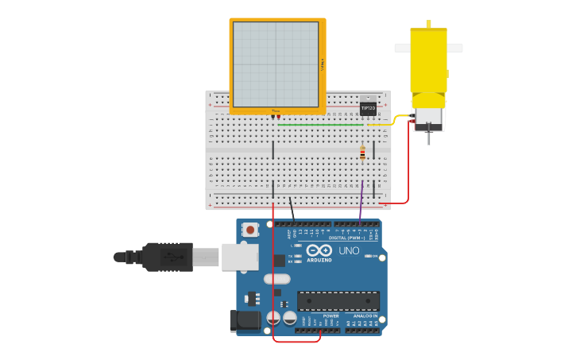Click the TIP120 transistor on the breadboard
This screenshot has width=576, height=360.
pos(368,107)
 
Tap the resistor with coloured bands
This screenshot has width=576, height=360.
pos(362,153)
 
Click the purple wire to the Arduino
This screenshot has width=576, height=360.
pos(361,203)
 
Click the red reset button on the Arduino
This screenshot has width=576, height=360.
pos(251,230)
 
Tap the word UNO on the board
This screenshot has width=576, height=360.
pos(349,250)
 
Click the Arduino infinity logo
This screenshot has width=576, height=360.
pos(319,250)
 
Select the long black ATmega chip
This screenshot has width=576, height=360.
pos(338,301)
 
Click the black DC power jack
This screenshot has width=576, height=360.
pos(242,320)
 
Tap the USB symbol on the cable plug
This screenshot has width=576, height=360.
pos(169,257)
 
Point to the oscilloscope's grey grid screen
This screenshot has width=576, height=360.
pos(276,64)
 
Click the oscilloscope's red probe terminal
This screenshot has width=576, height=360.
pos(279,117)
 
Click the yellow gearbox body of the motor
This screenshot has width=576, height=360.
pos(429,60)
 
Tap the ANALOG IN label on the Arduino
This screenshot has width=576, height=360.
pos(365,316)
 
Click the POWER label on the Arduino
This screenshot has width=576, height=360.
pos(331,316)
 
